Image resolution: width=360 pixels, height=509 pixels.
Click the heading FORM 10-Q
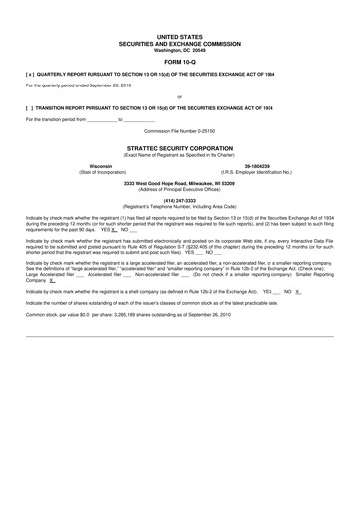[x=179, y=61]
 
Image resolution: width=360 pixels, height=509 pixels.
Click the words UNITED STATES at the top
[x=179, y=35]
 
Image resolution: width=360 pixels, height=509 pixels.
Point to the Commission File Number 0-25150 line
[x=179, y=130]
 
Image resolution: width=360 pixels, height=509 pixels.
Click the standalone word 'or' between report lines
[x=179, y=96]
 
